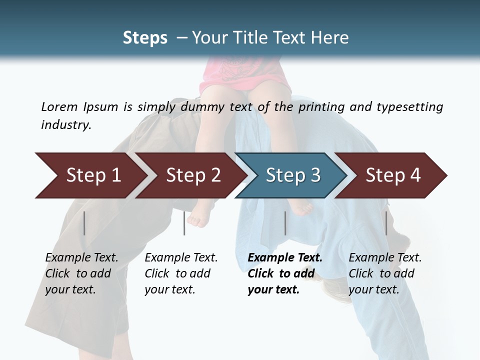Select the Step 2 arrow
tap(190, 175)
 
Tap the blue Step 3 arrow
tap(290, 175)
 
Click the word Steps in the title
tap(145, 38)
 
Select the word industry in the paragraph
tap(65, 125)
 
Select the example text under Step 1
tap(81, 273)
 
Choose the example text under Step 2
tap(181, 273)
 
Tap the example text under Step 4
tap(385, 273)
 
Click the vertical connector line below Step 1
tap(84, 223)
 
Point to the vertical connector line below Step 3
tap(285, 223)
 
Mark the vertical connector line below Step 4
tap(386, 223)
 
